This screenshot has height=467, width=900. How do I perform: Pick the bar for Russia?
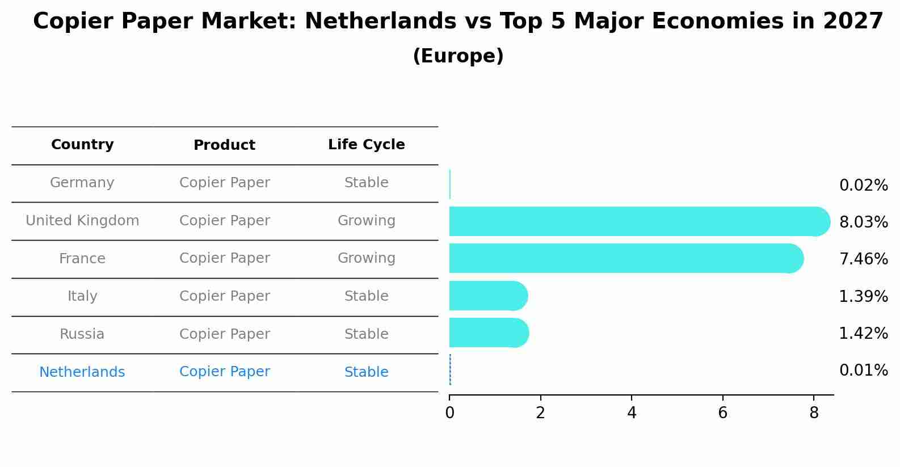click(x=489, y=333)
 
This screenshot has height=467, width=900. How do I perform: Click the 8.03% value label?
click(x=863, y=222)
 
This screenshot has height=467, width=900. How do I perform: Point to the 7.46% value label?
click(x=863, y=259)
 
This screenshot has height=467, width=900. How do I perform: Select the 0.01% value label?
click(x=863, y=371)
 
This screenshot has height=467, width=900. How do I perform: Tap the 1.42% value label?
click(x=863, y=333)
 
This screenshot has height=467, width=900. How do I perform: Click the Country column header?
click(x=82, y=145)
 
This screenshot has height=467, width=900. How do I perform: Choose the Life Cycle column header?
click(x=366, y=145)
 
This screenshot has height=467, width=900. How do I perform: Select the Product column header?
click(x=224, y=145)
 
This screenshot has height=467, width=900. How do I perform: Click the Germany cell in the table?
click(x=82, y=183)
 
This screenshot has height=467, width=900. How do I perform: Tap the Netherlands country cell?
click(x=82, y=372)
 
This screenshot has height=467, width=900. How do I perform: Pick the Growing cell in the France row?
click(x=366, y=258)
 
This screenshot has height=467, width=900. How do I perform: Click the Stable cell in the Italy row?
click(x=366, y=296)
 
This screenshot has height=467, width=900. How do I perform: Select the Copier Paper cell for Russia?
click(x=224, y=334)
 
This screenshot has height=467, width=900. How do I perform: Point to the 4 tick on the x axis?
click(x=632, y=413)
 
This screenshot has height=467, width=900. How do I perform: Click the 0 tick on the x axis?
click(x=449, y=413)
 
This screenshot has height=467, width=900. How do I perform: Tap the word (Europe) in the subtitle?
click(x=458, y=56)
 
